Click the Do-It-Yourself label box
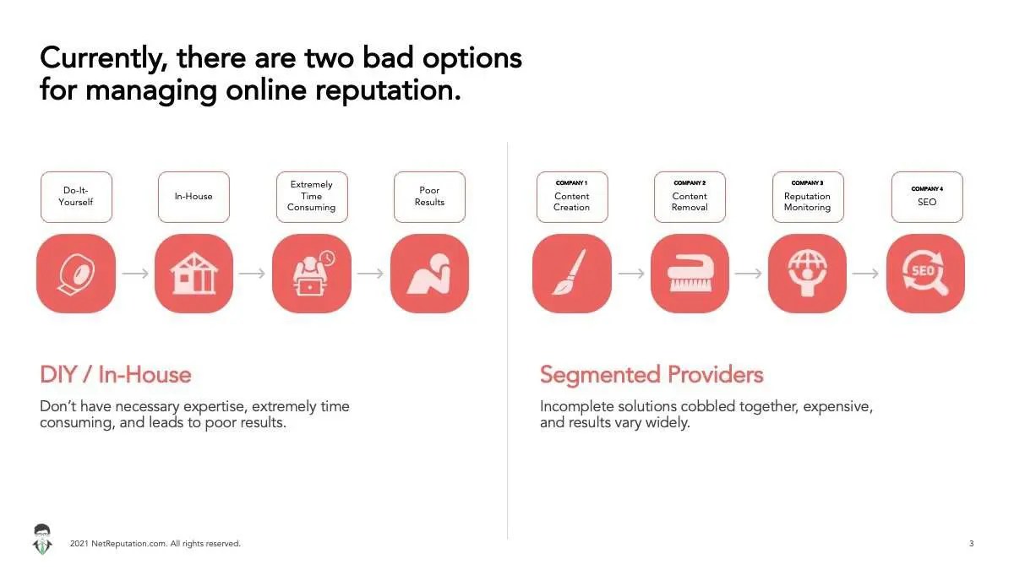pos(76,197)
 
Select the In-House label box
pos(194,197)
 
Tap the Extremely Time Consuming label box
pos(312,197)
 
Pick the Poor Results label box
pos(429,197)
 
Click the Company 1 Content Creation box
pos(572,197)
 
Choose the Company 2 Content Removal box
pos(690,197)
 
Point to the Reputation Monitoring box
pos(808,197)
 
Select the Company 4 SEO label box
pos(927,197)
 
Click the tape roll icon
pos(76,274)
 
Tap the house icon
pos(194,274)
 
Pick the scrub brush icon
pos(690,274)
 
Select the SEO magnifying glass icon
pos(926,274)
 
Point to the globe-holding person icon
pos(808,274)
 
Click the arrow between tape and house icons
pos(135,274)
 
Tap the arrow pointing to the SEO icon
pos(865,274)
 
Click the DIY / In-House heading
pos(116,375)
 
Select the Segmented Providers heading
pos(651,375)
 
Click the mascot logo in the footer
pos(42,540)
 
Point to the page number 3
pos(972,543)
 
